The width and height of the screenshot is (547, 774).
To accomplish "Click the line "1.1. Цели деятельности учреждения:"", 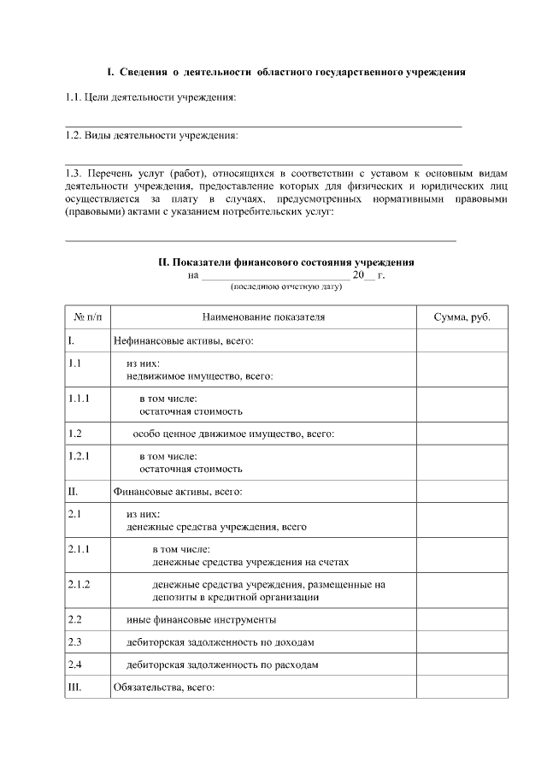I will click(150, 98).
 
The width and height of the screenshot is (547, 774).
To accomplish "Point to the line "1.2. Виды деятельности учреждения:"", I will click(151, 136).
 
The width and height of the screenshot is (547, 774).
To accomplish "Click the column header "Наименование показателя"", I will click(264, 317).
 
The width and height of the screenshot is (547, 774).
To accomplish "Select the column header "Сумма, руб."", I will click(462, 317).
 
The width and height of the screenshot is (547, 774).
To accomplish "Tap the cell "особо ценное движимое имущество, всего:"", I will click(232, 434).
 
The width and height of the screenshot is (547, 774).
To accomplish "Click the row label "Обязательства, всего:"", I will click(163, 687).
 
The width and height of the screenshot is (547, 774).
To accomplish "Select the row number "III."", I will click(74, 687).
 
